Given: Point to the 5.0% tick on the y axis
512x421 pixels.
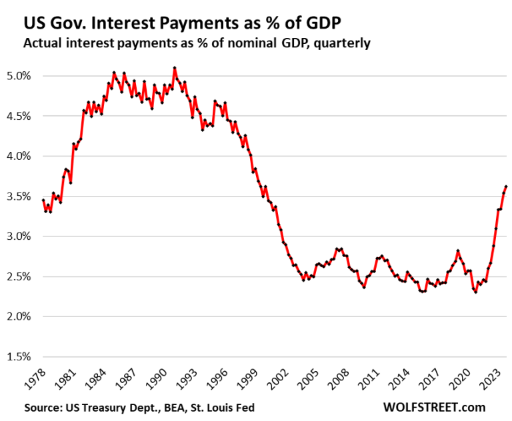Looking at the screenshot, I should (x=18, y=76).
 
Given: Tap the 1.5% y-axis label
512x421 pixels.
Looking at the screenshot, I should (x=18, y=357).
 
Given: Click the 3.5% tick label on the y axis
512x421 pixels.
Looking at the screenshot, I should (x=18, y=197).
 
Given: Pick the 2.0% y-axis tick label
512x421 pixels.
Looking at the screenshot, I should (x=18, y=317).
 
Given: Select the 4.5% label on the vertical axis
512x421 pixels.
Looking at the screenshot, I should (x=18, y=116).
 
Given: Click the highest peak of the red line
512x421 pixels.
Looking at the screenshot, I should (x=175, y=68).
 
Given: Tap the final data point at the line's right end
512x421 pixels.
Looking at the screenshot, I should (x=506, y=187).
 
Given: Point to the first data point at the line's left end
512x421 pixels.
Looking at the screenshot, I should (x=43, y=200).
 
